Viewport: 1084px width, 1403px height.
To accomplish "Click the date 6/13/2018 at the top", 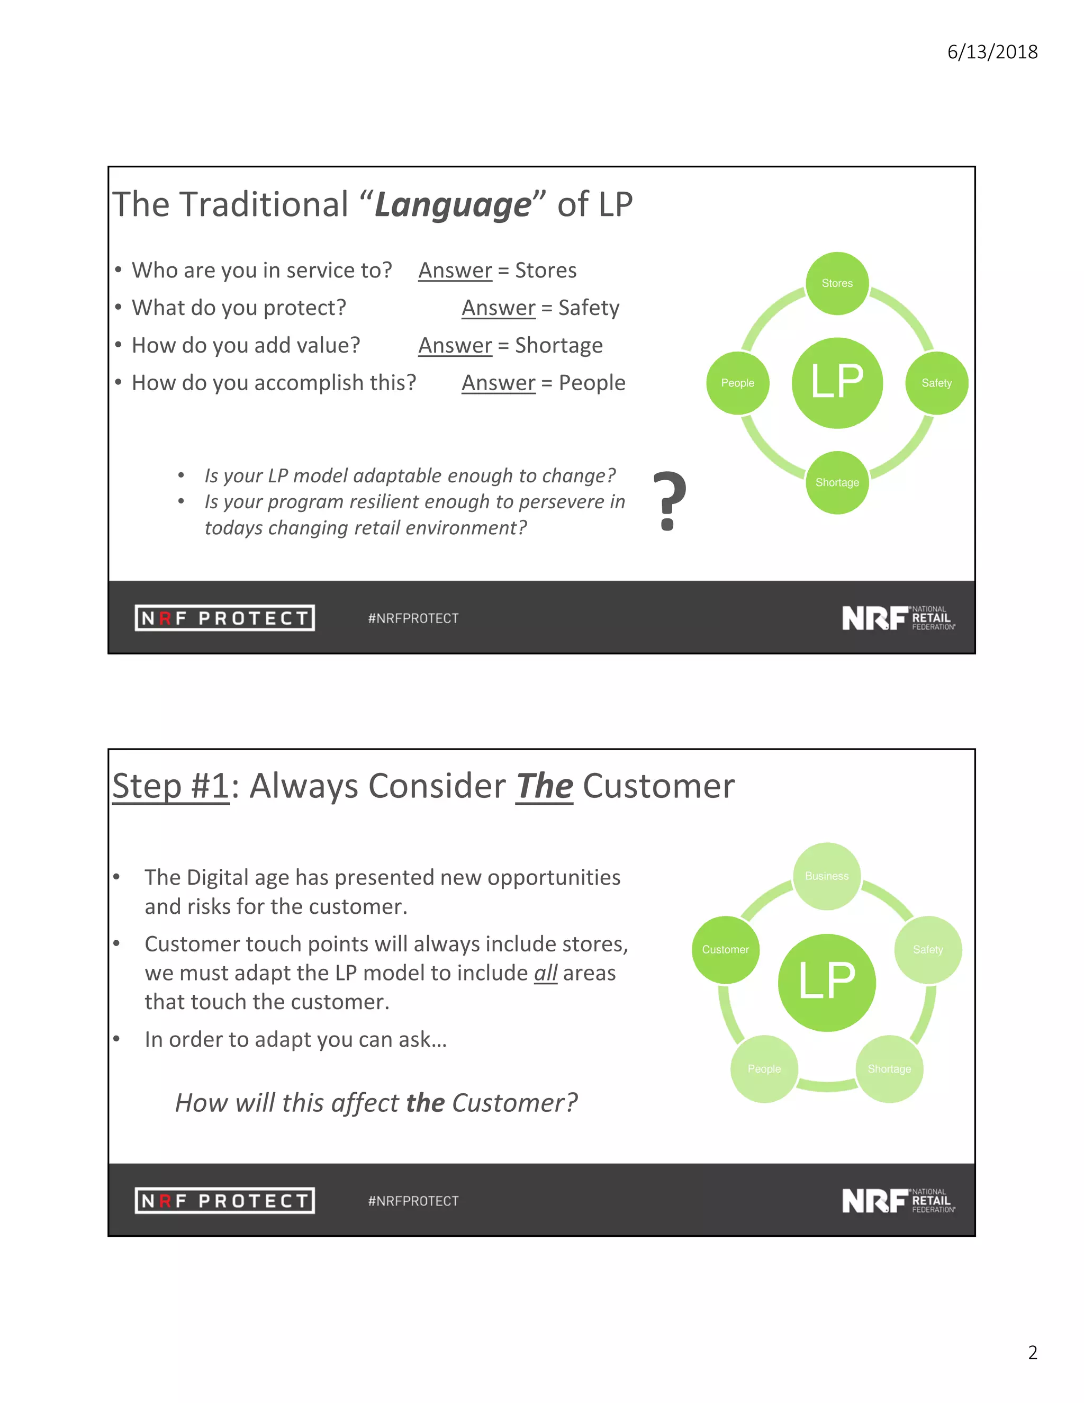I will [x=992, y=52].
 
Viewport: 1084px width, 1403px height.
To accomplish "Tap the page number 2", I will [x=1033, y=1352].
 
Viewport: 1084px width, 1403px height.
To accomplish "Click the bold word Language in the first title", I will [x=453, y=205].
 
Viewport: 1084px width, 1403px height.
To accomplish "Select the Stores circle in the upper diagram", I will [x=837, y=283].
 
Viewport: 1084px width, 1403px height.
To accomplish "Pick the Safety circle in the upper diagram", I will [x=936, y=383].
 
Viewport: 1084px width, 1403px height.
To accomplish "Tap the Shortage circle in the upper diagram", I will [x=837, y=482].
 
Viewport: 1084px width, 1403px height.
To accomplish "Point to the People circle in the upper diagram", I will [x=737, y=383].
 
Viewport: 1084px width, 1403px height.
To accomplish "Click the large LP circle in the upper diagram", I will [x=837, y=383].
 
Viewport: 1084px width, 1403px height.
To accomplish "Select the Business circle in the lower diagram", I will [x=826, y=876].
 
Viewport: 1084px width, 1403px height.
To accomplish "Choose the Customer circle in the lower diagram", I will [x=725, y=949].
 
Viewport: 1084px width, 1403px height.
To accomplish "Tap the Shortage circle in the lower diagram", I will [x=889, y=1069].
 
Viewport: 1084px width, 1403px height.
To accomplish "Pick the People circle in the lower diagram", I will [x=764, y=1069].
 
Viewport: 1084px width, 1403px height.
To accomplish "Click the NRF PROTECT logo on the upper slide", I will [x=225, y=618].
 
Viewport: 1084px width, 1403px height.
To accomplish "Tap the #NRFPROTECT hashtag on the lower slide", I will [x=413, y=1201].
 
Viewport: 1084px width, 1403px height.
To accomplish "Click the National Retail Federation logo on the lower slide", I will [x=898, y=1201].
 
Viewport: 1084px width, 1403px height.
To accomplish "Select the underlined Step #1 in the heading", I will [x=171, y=786].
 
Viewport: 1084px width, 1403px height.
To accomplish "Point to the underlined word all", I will [x=545, y=973].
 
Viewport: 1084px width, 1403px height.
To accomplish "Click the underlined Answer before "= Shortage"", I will [x=455, y=346].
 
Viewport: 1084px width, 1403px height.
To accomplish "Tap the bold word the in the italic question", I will [x=425, y=1103].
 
